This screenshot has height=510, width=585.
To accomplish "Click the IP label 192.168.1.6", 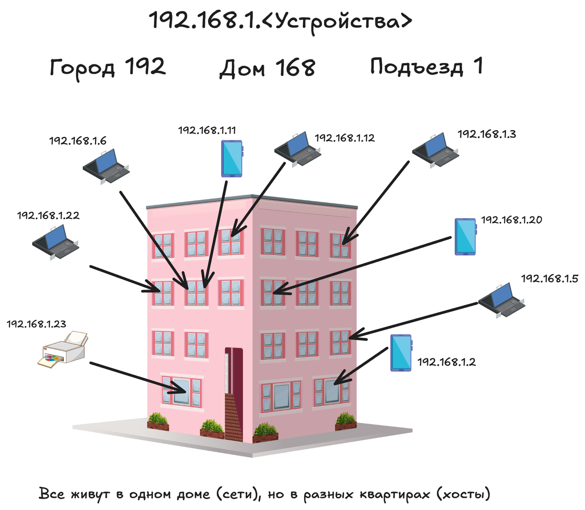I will (x=78, y=141).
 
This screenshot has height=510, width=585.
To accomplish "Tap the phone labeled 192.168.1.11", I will (x=232, y=158).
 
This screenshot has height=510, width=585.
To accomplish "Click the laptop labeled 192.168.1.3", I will (x=435, y=150).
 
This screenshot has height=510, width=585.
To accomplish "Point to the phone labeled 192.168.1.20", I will (x=465, y=236).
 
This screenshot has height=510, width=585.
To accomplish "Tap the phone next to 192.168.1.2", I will (x=401, y=353).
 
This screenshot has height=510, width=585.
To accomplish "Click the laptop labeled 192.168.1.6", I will (x=106, y=166).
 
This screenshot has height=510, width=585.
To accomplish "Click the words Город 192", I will (x=108, y=67).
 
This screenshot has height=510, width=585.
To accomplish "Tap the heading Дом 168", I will (x=267, y=68).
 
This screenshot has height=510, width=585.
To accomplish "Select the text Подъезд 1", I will (x=426, y=66).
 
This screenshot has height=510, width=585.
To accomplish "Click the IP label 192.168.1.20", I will (x=511, y=220).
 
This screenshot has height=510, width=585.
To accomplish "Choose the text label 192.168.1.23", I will (x=36, y=324).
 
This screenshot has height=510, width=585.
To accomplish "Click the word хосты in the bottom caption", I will (x=463, y=494).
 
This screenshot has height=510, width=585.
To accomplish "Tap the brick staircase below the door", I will (x=233, y=417).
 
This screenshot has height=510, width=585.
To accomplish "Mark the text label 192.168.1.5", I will (x=549, y=278).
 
